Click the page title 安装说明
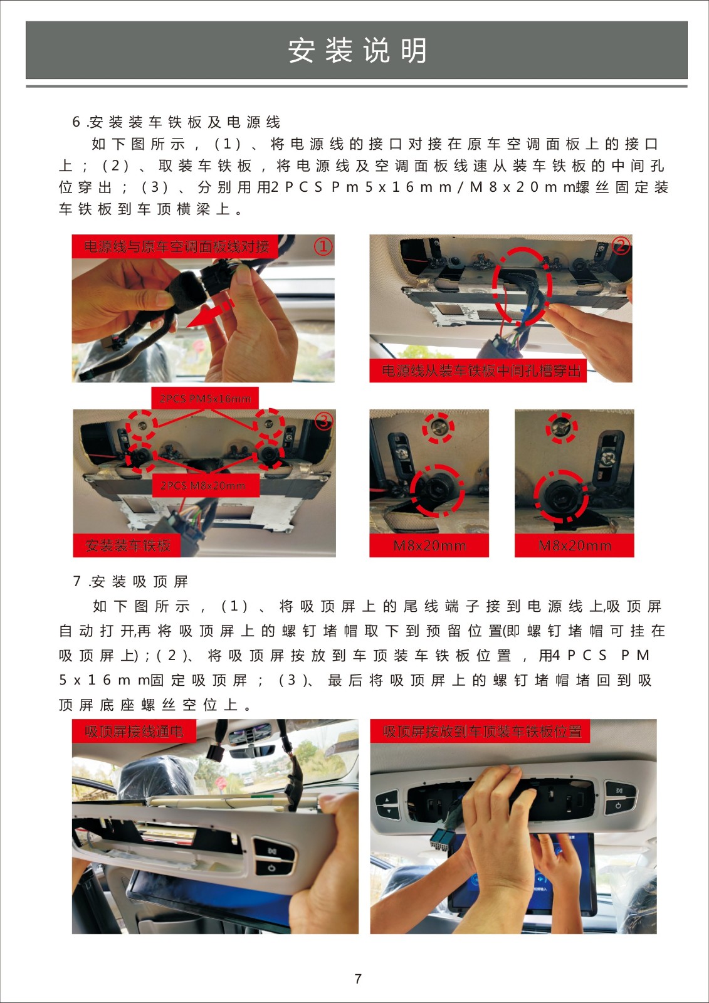tap(357, 50)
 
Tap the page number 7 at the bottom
tap(358, 979)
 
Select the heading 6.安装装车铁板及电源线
tap(176, 122)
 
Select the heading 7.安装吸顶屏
tap(130, 582)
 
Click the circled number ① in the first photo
tap(323, 246)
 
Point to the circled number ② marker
tap(621, 245)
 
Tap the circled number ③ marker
tap(324, 421)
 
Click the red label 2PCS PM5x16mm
tap(205, 399)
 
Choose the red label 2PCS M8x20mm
tap(203, 486)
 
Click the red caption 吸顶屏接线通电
tap(134, 731)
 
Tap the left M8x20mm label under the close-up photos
tap(429, 545)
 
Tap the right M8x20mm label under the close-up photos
tap(575, 545)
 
